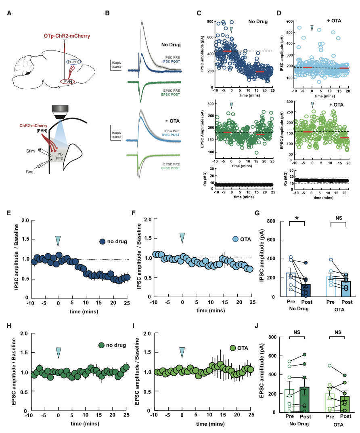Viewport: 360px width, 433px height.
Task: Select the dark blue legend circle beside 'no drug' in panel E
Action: [x=103, y=242]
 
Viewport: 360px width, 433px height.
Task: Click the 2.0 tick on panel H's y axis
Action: [x=24, y=334]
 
